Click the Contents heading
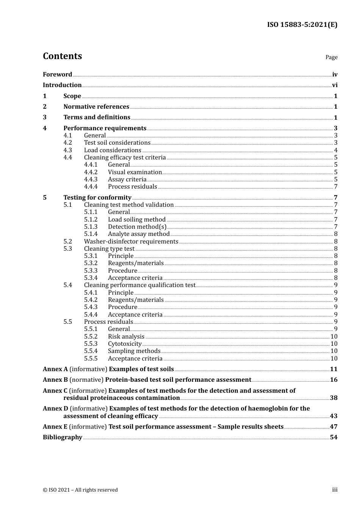coord(62,56)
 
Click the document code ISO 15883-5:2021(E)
coord(302,25)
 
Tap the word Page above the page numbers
coord(331,57)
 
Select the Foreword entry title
coord(57,75)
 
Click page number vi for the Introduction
coord(335,85)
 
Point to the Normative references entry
coord(96,107)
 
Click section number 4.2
coord(68,143)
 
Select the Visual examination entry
coord(135,172)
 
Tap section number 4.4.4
coord(91,187)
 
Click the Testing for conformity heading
coord(97,197)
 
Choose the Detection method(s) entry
coord(137,227)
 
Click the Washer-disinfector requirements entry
coord(131,242)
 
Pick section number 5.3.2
coord(91,263)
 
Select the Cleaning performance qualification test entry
coord(140,285)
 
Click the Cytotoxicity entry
coord(125,344)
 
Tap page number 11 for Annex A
coord(333,369)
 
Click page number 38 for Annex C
coord(333,398)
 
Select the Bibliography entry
coord(63,437)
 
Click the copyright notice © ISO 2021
coord(80,490)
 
